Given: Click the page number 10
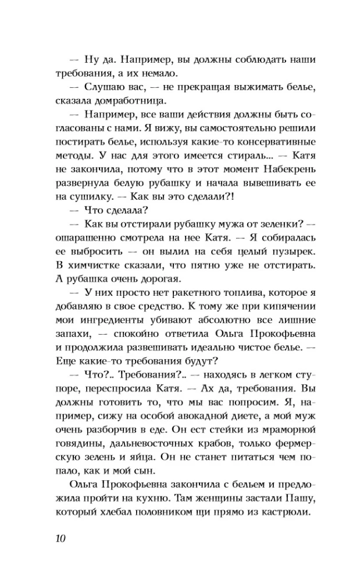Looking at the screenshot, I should pyautogui.click(x=57, y=537).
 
